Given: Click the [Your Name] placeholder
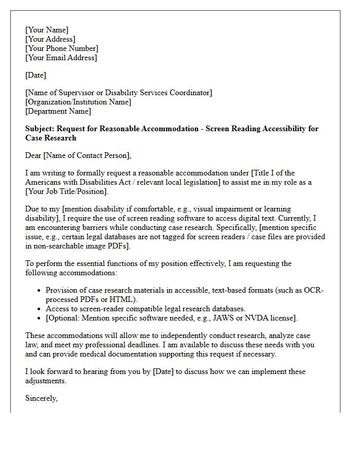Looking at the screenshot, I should (47, 30).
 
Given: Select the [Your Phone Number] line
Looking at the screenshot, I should (62, 48).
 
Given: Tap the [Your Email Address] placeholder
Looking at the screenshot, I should (61, 58).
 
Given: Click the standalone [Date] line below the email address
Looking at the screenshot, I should (35, 75).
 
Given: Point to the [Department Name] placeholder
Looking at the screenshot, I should (58, 111).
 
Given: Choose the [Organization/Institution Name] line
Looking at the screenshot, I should (78, 102).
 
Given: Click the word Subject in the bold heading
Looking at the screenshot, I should (39, 129).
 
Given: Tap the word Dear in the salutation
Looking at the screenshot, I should (34, 155).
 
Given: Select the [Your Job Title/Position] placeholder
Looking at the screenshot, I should (67, 191).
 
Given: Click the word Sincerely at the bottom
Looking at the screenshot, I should (41, 398).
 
